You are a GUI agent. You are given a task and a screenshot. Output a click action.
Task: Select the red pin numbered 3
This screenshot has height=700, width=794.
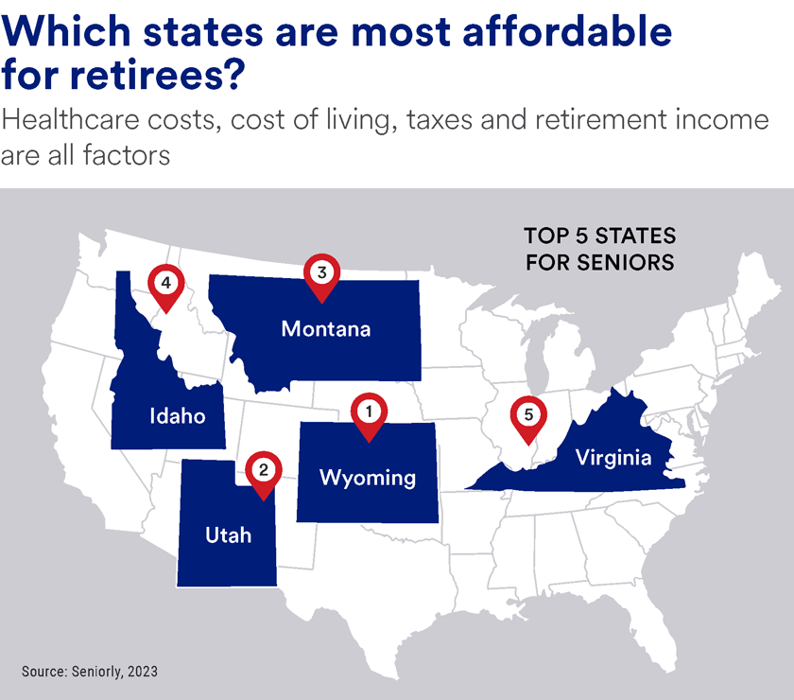tap(321, 275)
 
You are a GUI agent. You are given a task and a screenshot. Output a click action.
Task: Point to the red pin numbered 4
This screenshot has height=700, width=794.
tap(165, 285)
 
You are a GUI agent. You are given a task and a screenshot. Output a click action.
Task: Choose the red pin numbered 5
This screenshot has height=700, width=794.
tap(528, 417)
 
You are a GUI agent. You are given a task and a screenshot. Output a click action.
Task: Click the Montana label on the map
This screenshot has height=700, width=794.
tap(325, 329)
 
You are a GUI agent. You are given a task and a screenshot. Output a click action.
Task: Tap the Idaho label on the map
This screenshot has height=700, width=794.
tap(177, 416)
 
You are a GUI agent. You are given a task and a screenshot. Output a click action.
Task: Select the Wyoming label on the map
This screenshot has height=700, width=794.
tap(368, 477)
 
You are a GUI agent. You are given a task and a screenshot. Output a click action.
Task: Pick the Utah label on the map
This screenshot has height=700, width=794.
tap(228, 535)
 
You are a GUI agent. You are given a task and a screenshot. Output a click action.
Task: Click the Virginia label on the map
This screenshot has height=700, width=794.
tap(614, 459)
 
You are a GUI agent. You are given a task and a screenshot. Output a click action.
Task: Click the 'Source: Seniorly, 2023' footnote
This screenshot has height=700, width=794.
tap(90, 671)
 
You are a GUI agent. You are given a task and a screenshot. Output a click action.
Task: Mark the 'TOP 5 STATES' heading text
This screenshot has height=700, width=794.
tap(599, 235)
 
